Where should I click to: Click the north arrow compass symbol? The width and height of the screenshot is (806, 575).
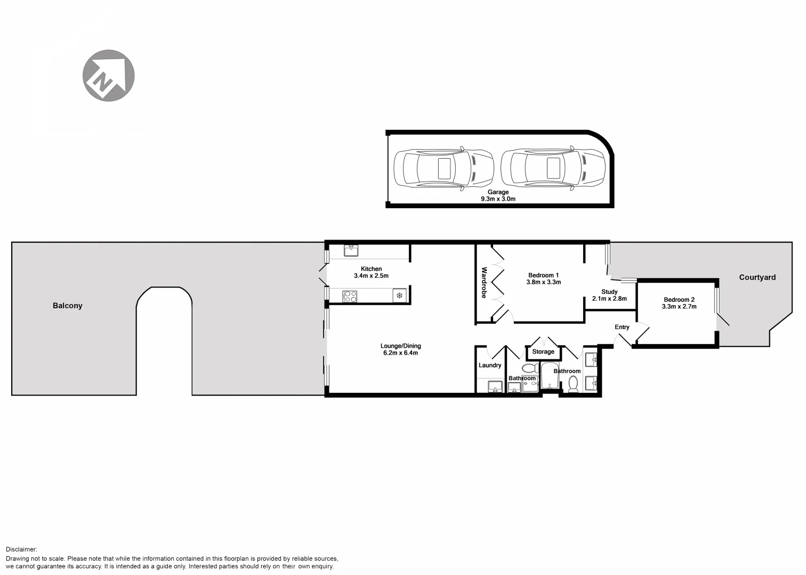(108, 76)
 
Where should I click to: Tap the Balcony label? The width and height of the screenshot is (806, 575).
(68, 306)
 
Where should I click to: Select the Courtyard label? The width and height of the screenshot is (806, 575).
(757, 277)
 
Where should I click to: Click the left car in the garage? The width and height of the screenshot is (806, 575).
(444, 168)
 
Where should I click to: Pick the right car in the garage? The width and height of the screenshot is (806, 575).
(553, 168)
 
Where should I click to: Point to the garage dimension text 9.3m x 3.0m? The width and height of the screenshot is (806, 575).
(498, 199)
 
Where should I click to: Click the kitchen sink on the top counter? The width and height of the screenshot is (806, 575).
(351, 249)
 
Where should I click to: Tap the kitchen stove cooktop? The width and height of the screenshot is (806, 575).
(350, 297)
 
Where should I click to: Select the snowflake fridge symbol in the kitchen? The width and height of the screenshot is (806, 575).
(399, 296)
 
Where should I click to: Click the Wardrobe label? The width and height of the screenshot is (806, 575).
(484, 283)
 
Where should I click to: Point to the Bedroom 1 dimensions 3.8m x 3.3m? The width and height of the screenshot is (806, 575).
(543, 283)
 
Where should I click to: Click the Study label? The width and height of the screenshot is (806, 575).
(609, 292)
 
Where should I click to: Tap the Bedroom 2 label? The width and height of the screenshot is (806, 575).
(679, 300)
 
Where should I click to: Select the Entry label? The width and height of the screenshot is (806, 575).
(622, 327)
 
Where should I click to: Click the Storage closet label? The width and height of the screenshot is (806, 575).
(543, 352)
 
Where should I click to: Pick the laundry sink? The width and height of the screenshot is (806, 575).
(495, 387)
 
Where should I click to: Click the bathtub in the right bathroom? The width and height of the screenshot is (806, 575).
(549, 376)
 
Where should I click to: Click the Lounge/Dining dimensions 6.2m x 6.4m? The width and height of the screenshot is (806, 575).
(400, 353)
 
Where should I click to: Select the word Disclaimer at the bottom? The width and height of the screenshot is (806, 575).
(22, 549)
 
